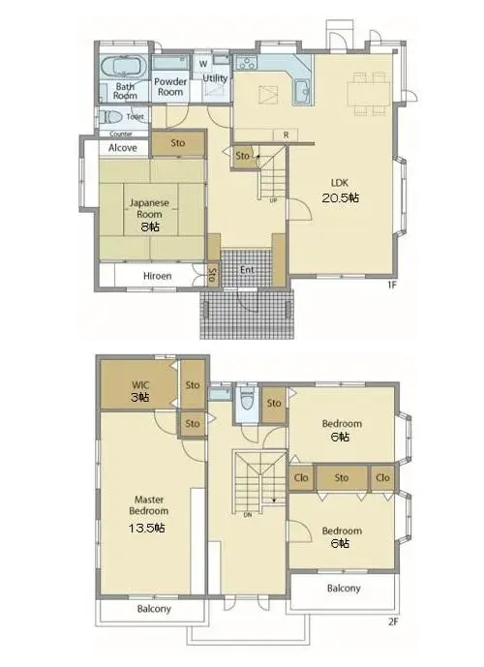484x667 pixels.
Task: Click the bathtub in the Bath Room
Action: pyautogui.click(x=123, y=67)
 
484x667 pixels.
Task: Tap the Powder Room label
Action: pyautogui.click(x=170, y=86)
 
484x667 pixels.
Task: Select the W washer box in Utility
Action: pyautogui.click(x=203, y=64)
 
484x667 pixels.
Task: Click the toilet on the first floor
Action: pyautogui.click(x=111, y=116)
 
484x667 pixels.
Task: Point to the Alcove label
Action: pyautogui.click(x=123, y=147)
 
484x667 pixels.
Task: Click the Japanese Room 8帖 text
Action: pyautogui.click(x=149, y=214)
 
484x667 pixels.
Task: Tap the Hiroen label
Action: pyautogui.click(x=158, y=276)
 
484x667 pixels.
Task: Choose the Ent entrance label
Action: pyautogui.click(x=247, y=270)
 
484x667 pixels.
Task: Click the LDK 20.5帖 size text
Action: pyautogui.click(x=340, y=191)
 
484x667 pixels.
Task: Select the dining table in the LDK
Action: pyautogui.click(x=368, y=94)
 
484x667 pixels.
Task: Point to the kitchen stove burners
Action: pyautogui.click(x=246, y=63)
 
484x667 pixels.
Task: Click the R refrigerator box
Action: pyautogui.click(x=287, y=135)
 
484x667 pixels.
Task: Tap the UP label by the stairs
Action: pyautogui.click(x=273, y=200)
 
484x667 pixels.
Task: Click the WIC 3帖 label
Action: pyautogui.click(x=140, y=391)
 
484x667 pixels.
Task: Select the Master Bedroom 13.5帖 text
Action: pyautogui.click(x=148, y=514)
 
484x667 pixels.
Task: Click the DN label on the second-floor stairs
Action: pyautogui.click(x=248, y=515)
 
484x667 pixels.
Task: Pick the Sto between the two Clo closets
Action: pyautogui.click(x=342, y=477)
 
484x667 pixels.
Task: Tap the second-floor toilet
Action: pyautogui.click(x=247, y=399)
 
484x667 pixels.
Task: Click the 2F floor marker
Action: pyautogui.click(x=393, y=622)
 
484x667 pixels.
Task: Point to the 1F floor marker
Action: pyautogui.click(x=392, y=285)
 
